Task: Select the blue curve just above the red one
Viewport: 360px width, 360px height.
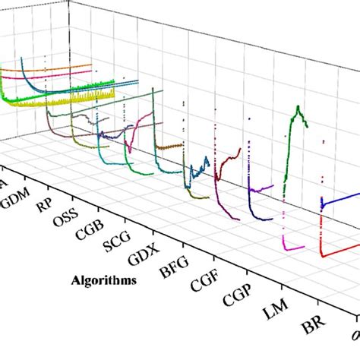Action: (x=342, y=200)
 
